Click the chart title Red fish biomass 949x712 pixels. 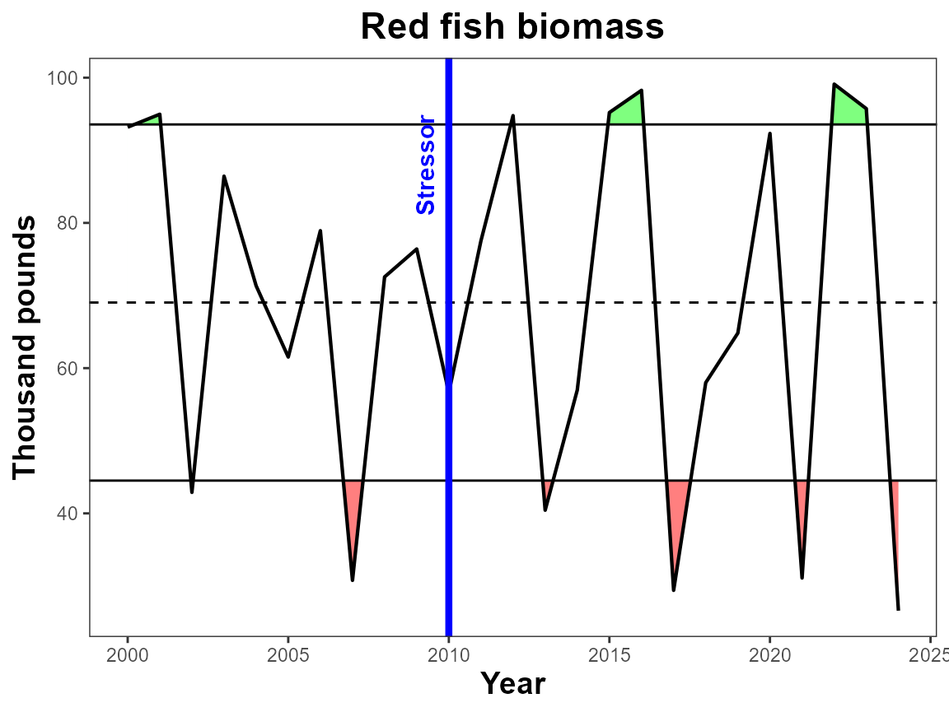click(512, 27)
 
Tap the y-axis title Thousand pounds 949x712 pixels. click(25, 348)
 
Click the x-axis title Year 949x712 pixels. click(512, 683)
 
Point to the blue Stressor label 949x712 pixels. click(425, 165)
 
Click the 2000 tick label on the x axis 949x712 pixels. click(128, 655)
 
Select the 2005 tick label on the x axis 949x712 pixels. click(288, 655)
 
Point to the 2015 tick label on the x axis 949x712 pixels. click(609, 655)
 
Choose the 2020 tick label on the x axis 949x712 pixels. click(770, 655)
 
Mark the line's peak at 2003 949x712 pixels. click(224, 176)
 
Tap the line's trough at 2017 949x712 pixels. click(674, 590)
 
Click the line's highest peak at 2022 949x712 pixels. click(834, 84)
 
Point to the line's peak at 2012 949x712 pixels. click(512, 115)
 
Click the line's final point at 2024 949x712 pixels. click(898, 610)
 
